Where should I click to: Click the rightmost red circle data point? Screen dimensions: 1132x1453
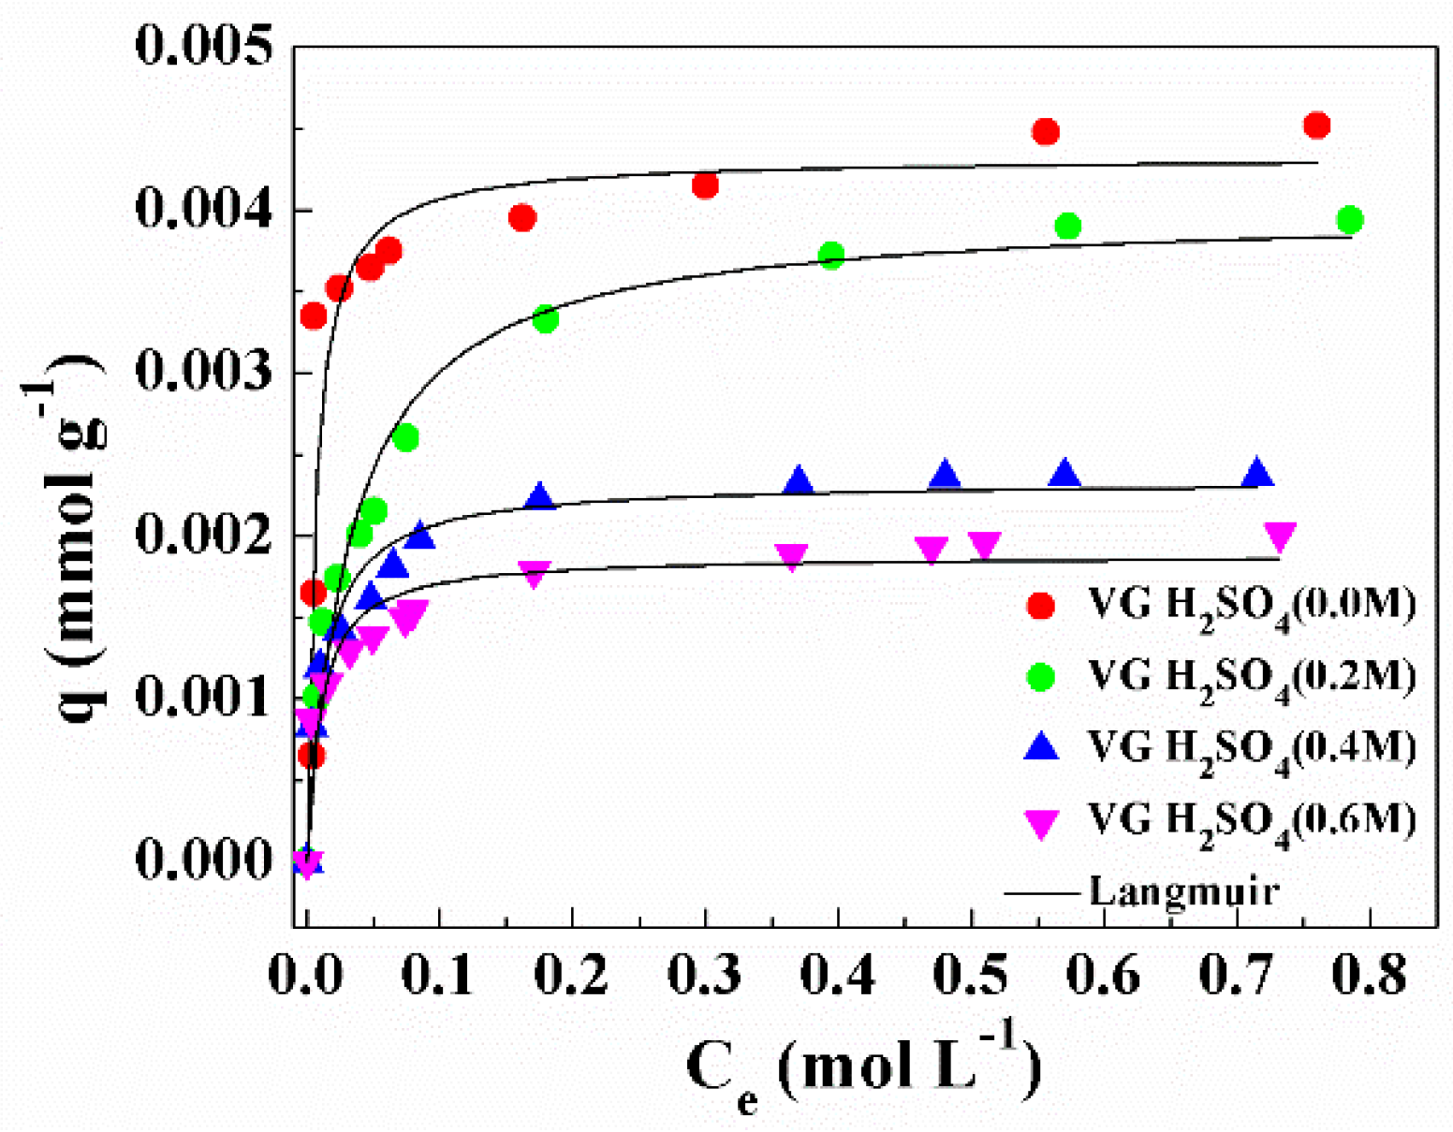pos(1316,125)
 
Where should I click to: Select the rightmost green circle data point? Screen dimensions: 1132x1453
pos(1349,220)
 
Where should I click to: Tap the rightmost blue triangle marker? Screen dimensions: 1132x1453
pos(1258,474)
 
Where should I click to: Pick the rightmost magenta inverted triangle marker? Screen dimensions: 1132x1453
pos(1280,536)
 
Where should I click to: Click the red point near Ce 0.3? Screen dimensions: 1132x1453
pos(705,185)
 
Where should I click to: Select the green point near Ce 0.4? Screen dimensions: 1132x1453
pos(831,255)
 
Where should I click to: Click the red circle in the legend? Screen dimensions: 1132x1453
pos(1041,605)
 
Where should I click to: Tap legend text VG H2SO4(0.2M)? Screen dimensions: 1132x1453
pos(1251,677)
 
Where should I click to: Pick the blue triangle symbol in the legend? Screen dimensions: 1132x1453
pos(1041,747)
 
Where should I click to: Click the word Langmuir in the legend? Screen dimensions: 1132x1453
pos(1183,890)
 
